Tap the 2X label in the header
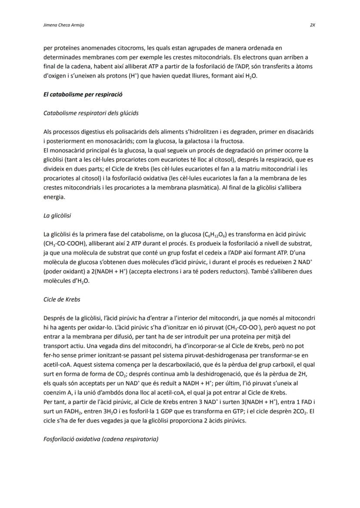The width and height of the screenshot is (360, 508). (312, 25)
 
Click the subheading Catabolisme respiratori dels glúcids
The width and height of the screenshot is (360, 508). (91, 113)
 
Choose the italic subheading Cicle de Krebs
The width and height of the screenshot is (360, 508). (62, 299)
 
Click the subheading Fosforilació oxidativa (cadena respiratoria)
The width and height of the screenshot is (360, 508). (101, 439)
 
